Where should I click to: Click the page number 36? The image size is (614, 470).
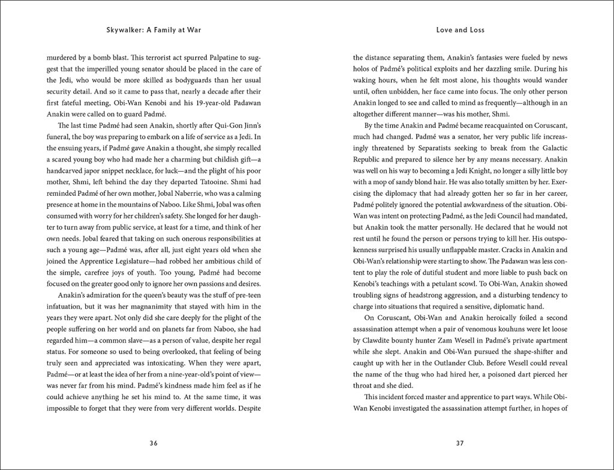153,444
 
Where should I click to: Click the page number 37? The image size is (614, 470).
460,444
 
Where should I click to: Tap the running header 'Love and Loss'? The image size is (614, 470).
460,29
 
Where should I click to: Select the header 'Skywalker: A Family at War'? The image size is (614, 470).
153,29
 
